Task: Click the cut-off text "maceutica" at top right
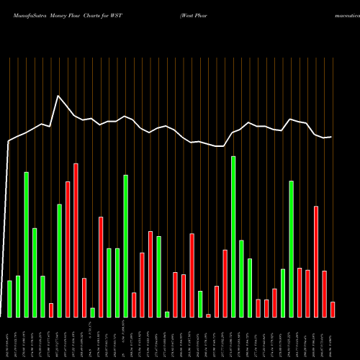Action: coord(341,14)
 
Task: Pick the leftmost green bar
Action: coord(10,299)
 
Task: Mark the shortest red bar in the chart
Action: coord(208,315)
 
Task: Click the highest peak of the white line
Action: coord(58,96)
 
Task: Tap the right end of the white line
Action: coord(332,137)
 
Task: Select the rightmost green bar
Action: coord(292,248)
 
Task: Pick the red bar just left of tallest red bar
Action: coord(68,249)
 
